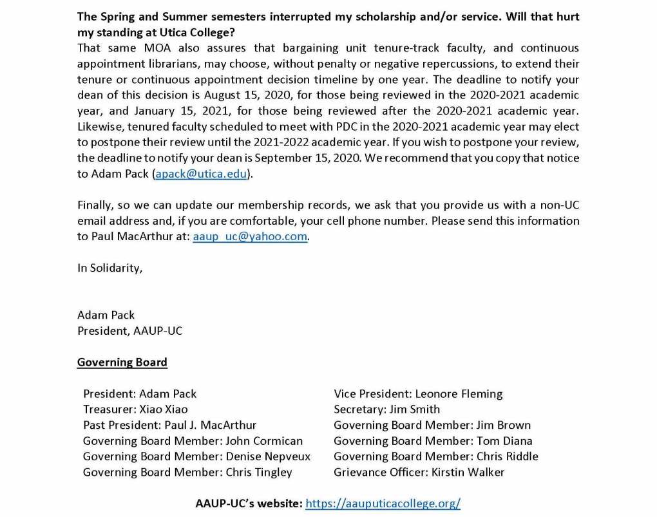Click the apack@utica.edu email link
coord(200,174)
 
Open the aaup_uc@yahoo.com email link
coord(250,236)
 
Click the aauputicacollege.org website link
coord(383,503)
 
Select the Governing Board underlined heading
coord(122,362)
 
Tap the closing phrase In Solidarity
coord(110,268)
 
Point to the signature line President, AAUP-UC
coord(129,330)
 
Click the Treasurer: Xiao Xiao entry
coord(135,409)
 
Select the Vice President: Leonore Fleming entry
coord(418,393)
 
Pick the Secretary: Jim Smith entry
coord(386,409)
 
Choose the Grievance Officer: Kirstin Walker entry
coord(419,472)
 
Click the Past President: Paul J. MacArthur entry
coord(169,425)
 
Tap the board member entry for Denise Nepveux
coord(196,456)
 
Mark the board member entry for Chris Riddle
coord(435,456)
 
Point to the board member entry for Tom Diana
coord(433,441)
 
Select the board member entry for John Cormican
coord(193,441)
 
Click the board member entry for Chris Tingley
coord(187,472)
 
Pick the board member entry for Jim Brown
coord(432,425)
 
